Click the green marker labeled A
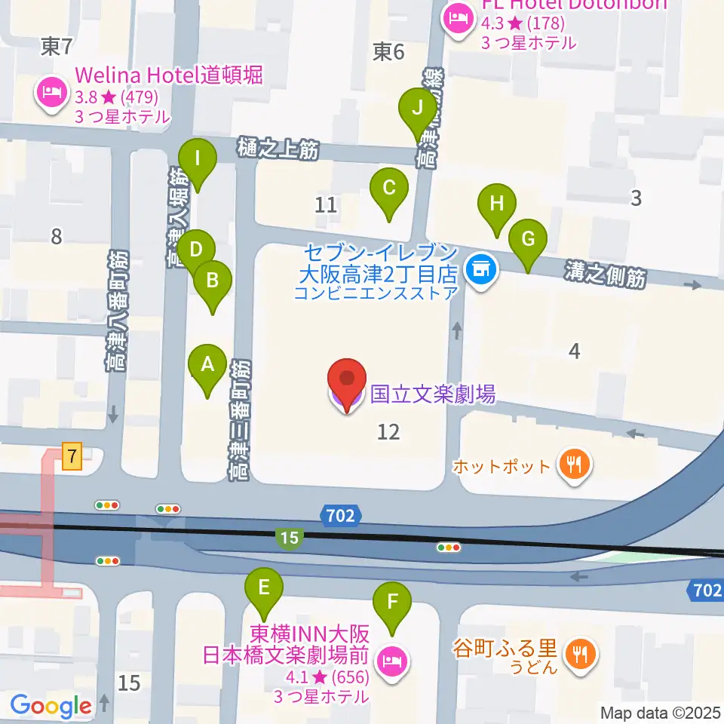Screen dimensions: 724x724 [208, 367]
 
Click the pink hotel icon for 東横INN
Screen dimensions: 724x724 [391, 663]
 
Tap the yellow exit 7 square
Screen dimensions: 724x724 [72, 457]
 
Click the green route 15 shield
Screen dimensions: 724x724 [290, 538]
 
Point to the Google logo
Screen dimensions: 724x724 [51, 707]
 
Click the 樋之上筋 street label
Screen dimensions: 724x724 [278, 149]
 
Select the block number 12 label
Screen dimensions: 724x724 [388, 432]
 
